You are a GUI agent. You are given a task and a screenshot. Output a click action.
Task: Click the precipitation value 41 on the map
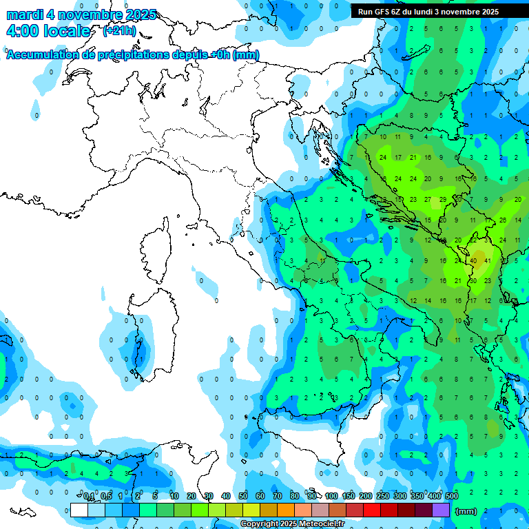pyautogui.click(x=487, y=261)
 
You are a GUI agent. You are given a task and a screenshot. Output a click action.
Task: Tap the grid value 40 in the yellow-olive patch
pyautogui.click(x=473, y=261)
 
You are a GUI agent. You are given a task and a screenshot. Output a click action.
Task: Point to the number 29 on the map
pyautogui.click(x=442, y=200)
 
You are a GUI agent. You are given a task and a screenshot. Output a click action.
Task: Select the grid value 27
pyautogui.click(x=428, y=200)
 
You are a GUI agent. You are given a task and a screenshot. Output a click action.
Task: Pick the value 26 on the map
pyautogui.click(x=503, y=220)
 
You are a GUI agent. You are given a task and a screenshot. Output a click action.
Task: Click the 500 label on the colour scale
pyautogui.click(x=452, y=496)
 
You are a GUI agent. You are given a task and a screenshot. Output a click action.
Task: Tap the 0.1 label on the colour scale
pyautogui.click(x=89, y=496)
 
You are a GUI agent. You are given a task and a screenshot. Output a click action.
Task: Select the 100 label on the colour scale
pyautogui.click(x=331, y=496)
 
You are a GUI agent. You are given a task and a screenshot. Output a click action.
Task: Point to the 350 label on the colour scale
pyautogui.click(x=417, y=496)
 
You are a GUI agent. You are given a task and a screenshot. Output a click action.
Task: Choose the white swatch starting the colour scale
pyautogui.click(x=79, y=510)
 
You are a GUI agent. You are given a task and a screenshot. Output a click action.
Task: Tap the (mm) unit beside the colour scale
pyautogui.click(x=466, y=511)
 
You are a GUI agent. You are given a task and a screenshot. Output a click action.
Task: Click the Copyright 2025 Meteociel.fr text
pyautogui.click(x=293, y=524)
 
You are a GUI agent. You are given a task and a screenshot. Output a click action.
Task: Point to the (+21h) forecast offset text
pyautogui.click(x=118, y=31)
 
